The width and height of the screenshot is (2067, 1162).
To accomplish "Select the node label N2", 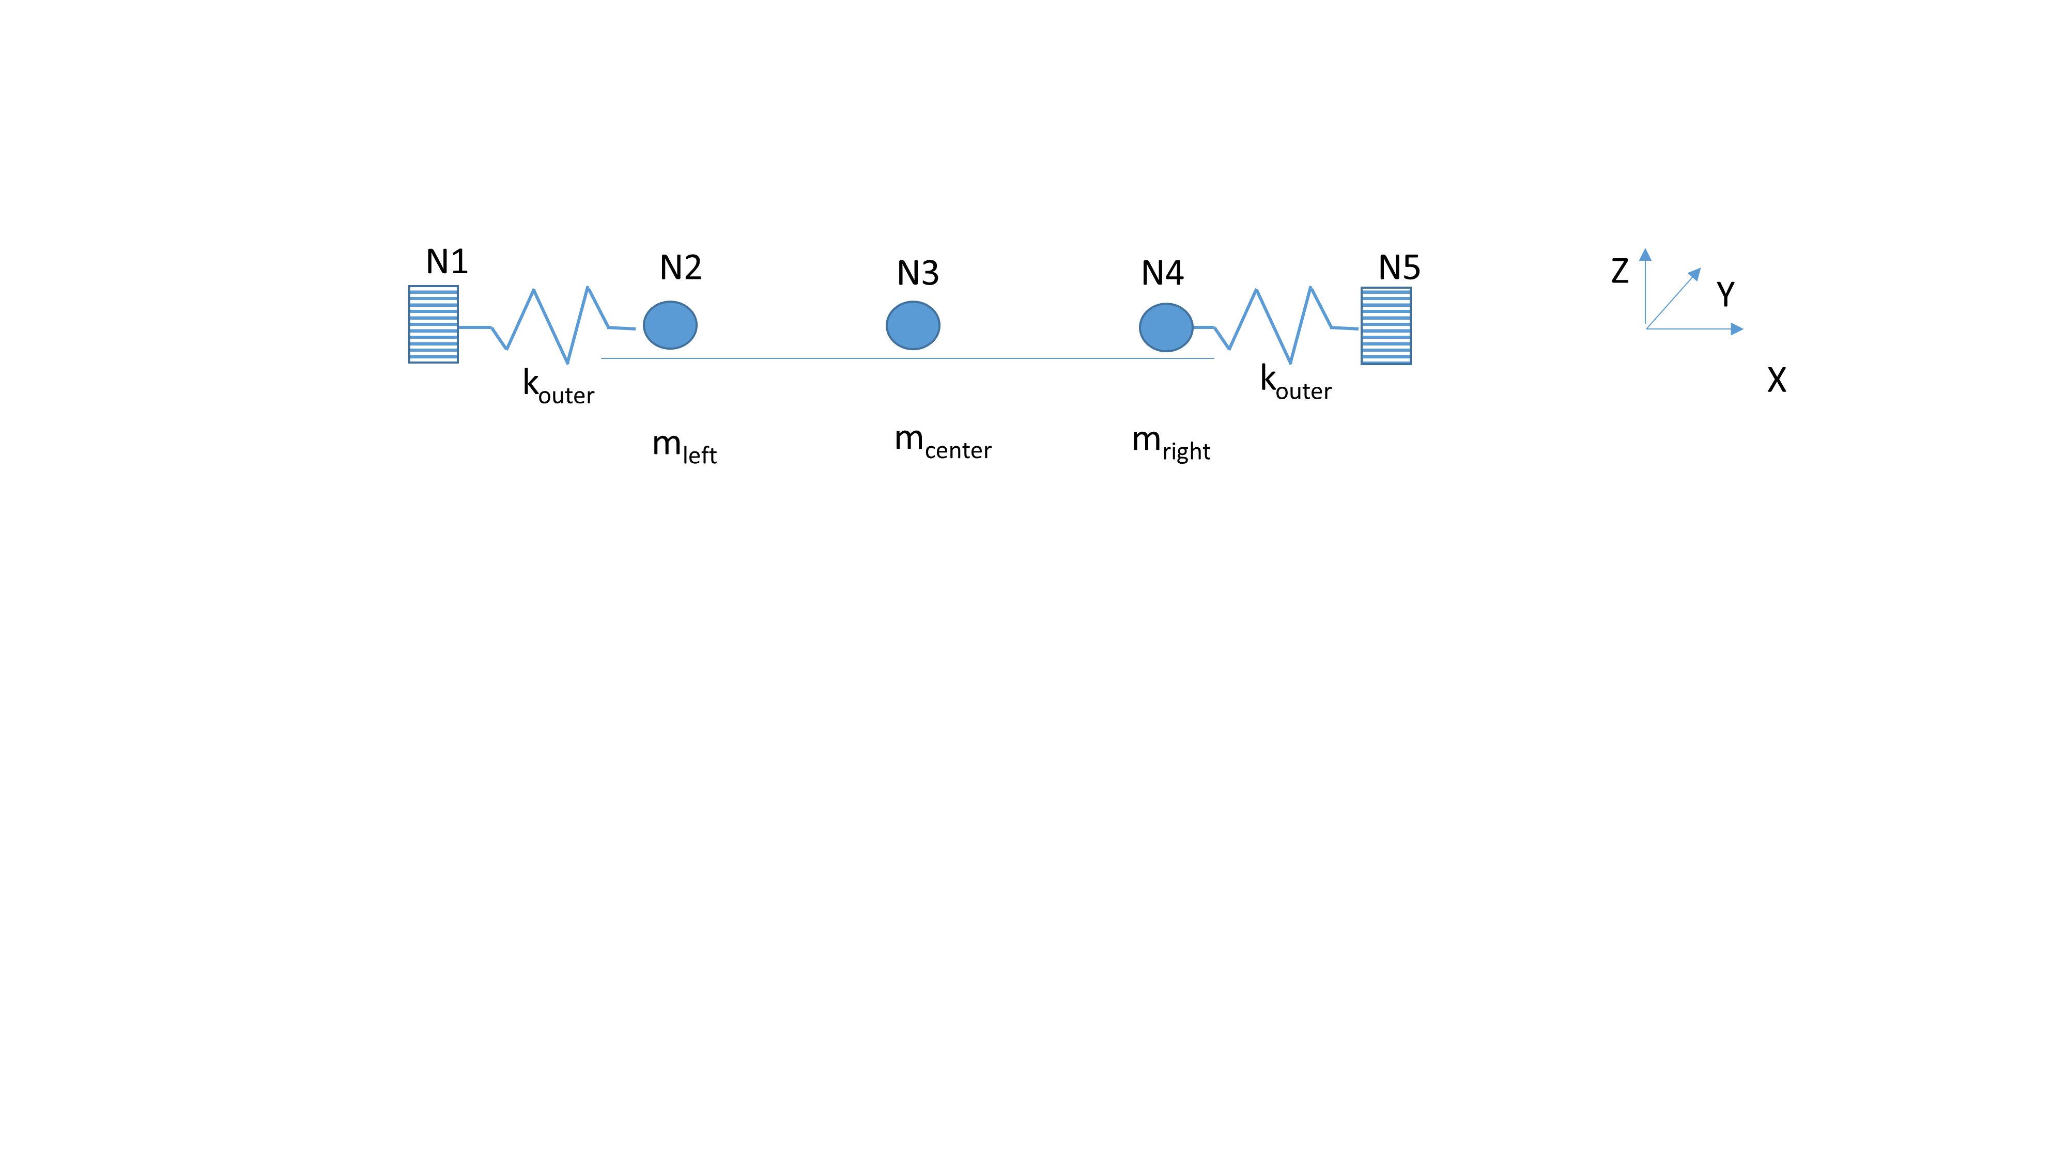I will [681, 267].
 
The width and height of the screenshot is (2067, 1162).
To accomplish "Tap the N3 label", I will [917, 274].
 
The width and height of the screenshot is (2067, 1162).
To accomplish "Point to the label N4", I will [1162, 274].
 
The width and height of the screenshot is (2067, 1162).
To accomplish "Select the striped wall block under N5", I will [1386, 325].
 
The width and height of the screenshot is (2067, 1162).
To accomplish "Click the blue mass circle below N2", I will [670, 325].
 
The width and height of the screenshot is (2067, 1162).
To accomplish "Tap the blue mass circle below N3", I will [913, 325].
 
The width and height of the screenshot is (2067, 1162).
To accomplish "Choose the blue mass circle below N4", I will [1166, 327].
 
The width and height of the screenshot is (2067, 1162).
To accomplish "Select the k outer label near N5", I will [1295, 383].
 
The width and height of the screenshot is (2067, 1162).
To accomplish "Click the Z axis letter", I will [1619, 271].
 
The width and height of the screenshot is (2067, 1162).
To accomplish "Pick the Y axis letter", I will [1725, 294].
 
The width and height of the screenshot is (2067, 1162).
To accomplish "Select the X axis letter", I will [1777, 379].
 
